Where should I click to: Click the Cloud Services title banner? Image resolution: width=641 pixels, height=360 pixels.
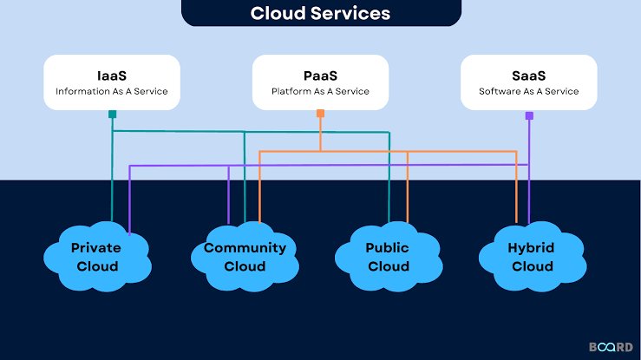pos(321,13)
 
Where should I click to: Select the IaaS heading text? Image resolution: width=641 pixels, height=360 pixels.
pos(112,75)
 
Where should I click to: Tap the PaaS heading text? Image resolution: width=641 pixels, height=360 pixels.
pos(321,75)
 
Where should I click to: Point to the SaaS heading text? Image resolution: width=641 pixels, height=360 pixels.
pos(528,75)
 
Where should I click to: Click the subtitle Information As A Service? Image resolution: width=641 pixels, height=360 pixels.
pos(112,91)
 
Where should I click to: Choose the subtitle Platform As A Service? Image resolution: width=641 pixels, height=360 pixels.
pos(321,91)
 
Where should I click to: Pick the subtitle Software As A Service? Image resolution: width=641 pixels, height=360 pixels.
pos(528,91)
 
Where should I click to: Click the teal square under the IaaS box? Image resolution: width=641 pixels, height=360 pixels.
pos(113,114)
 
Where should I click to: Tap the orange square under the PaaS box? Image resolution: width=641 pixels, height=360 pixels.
pos(321,113)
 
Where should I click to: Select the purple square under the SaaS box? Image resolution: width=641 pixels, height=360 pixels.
pos(529,115)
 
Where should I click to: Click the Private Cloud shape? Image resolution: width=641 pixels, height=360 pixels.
pos(97,257)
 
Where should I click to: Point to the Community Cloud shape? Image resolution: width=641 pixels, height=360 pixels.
pos(245,257)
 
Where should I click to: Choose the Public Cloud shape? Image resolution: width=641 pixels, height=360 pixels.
pos(389,257)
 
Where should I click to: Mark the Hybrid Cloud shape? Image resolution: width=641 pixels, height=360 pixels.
pos(533,257)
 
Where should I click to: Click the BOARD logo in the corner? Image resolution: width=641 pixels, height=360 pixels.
pos(611,347)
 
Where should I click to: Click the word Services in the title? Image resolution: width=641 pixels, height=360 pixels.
pos(350,13)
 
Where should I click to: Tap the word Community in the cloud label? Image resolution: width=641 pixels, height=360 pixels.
pos(245,248)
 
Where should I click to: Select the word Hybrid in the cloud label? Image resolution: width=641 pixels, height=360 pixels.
pos(531,248)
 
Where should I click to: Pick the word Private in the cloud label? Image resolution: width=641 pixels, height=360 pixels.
pos(96,247)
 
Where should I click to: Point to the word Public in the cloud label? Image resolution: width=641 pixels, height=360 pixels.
pos(387,247)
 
